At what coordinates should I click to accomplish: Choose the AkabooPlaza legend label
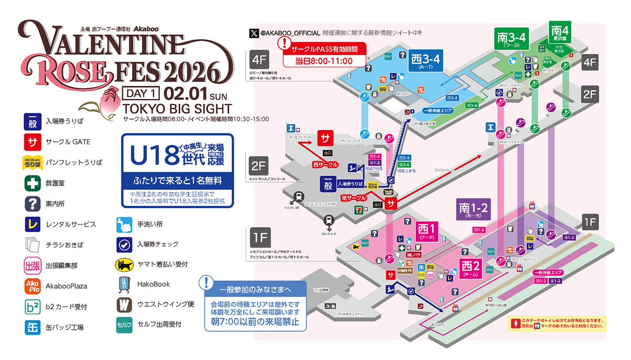pos(66,286)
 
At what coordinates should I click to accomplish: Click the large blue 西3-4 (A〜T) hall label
pos(424,61)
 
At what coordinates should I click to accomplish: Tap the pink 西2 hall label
pos(471,267)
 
